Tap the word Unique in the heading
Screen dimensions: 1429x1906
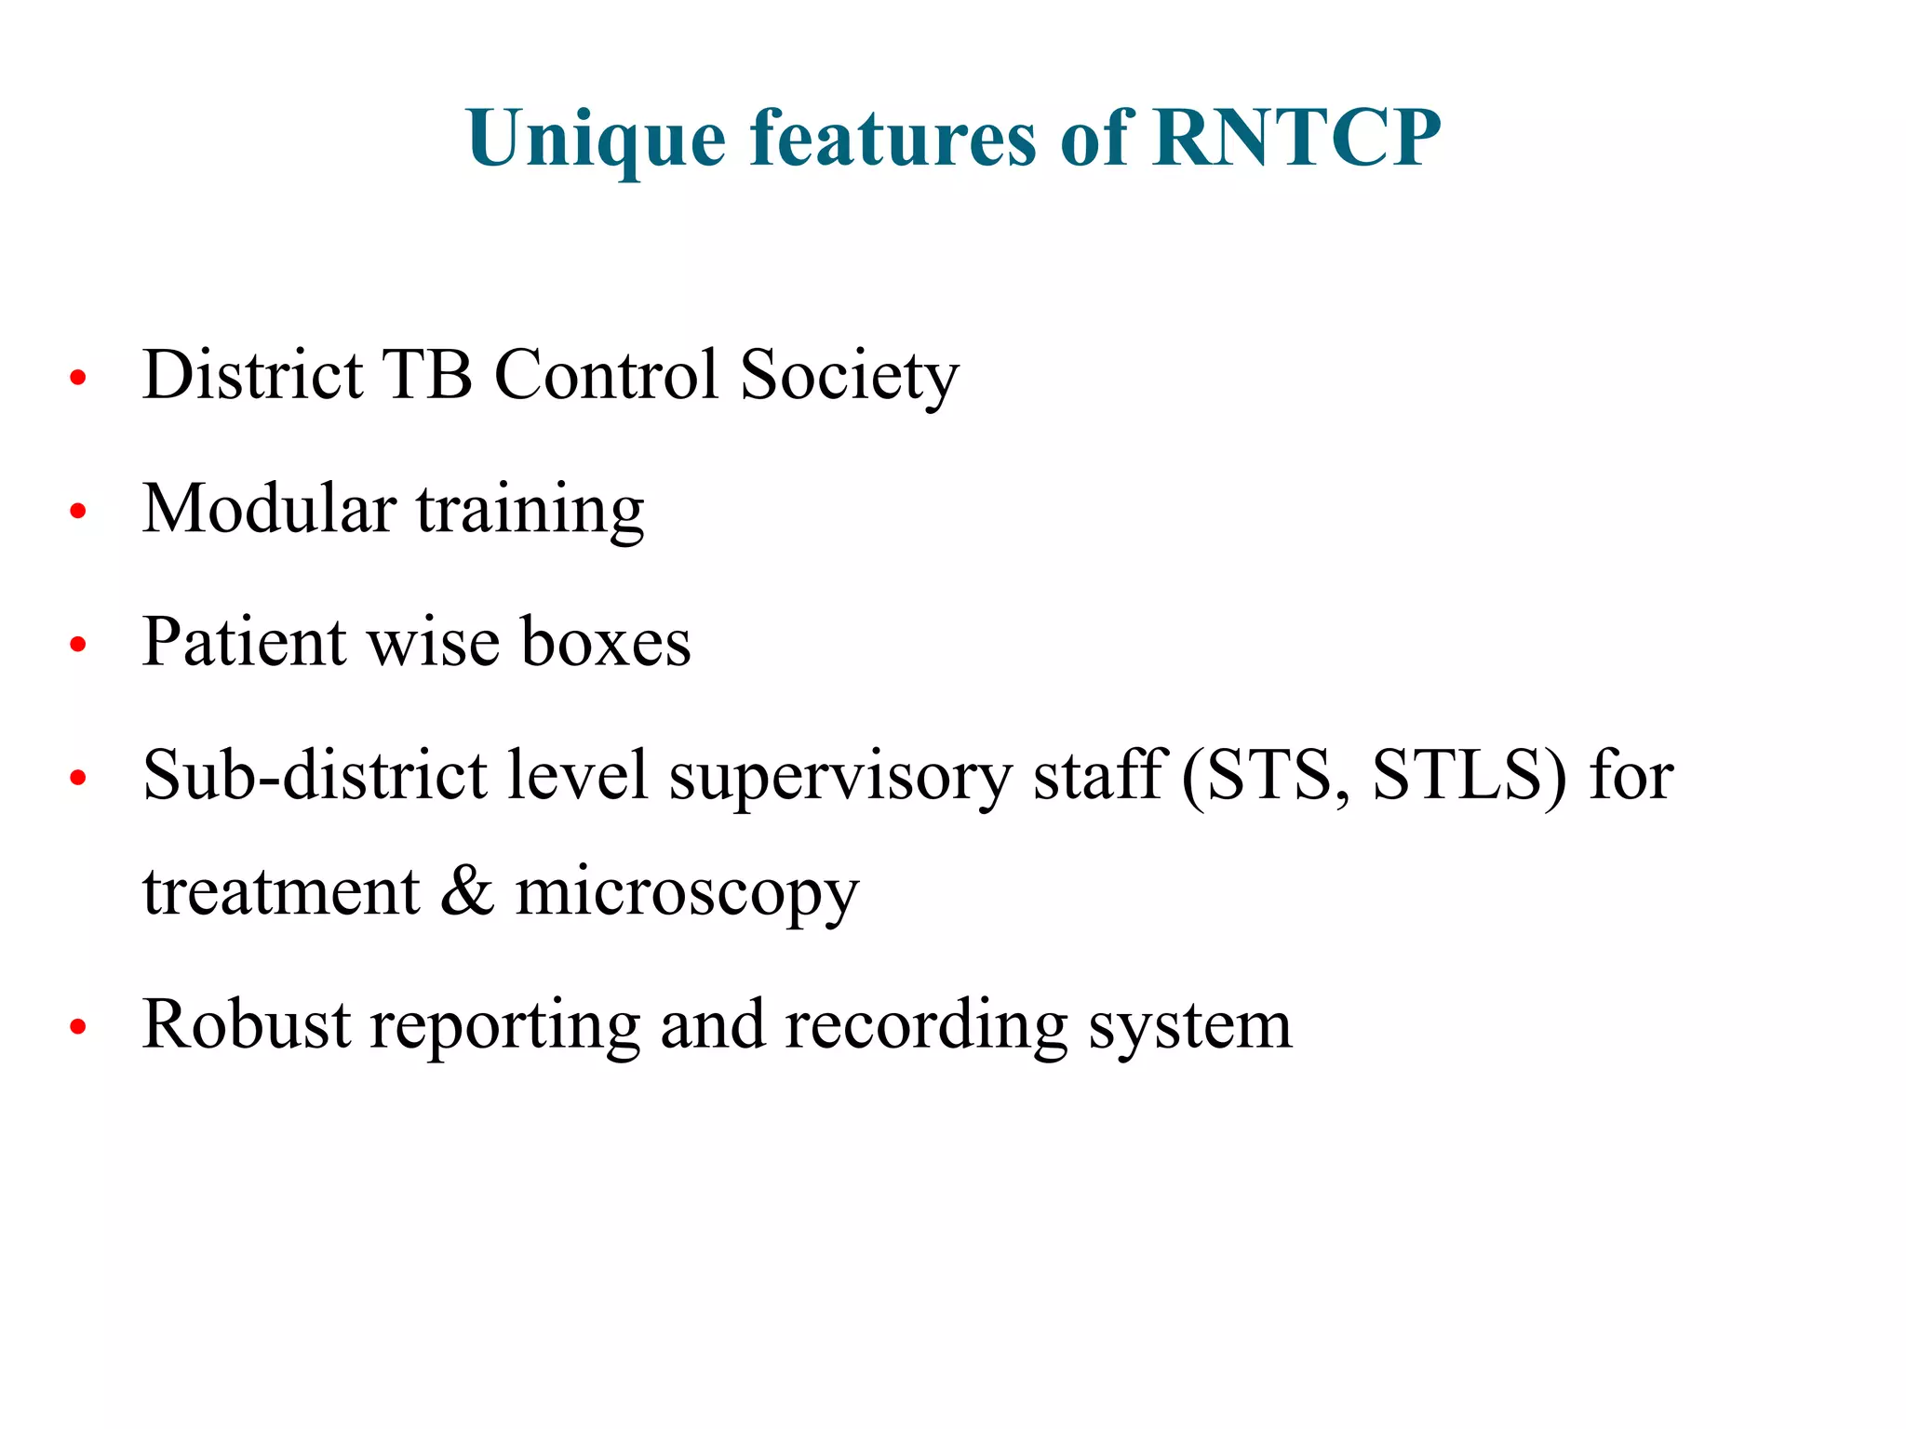pyautogui.click(x=597, y=140)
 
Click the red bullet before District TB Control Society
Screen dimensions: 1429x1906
pyautogui.click(x=78, y=378)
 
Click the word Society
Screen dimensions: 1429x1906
pyautogui.click(x=849, y=376)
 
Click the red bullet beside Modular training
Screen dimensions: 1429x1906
pyautogui.click(x=78, y=511)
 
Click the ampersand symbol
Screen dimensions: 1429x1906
pyautogui.click(x=467, y=890)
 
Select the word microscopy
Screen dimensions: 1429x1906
pyautogui.click(x=687, y=894)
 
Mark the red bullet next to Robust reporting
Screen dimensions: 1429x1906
pyautogui.click(x=78, y=1026)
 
